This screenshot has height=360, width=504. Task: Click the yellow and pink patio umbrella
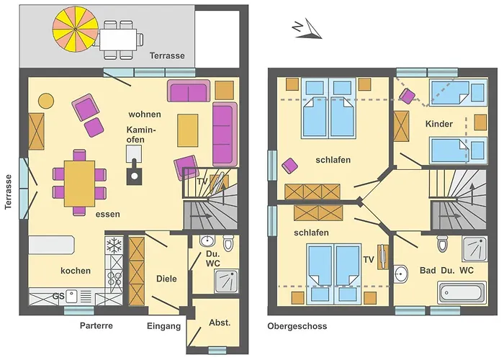[x=75, y=28]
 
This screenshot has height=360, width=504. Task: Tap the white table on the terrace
[x=120, y=37]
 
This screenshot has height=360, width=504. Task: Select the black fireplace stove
[x=134, y=174]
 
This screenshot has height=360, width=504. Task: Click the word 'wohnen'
[x=145, y=114]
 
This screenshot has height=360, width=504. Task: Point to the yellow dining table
[x=79, y=183]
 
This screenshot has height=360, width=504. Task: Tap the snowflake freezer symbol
[x=113, y=246]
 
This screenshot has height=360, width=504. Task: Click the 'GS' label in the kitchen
[x=59, y=296]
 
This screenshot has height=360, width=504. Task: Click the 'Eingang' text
[x=163, y=326]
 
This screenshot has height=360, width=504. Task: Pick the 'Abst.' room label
[x=220, y=323]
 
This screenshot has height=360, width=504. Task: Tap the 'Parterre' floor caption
[x=96, y=326]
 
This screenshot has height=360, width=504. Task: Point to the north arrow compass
[x=306, y=28]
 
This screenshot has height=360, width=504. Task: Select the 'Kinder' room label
[x=439, y=124]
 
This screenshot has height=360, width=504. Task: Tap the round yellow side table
[x=45, y=100]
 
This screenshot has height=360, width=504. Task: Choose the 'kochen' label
[x=76, y=271]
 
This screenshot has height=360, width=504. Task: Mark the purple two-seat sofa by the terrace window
[x=189, y=91]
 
